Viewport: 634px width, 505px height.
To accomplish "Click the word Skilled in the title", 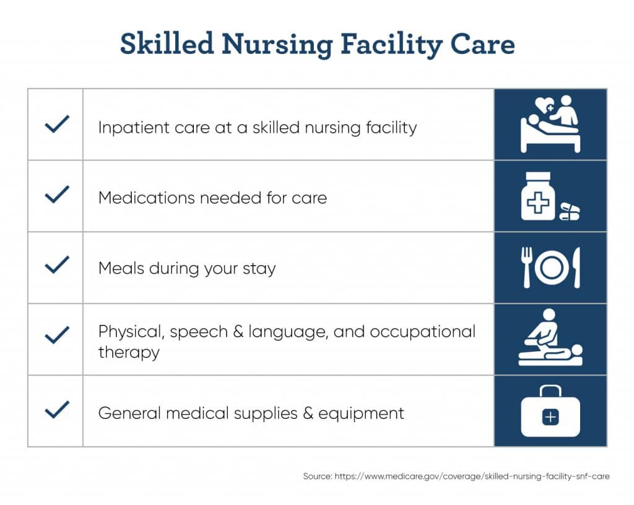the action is [x=167, y=43].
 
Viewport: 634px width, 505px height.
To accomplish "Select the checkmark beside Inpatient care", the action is [x=57, y=124].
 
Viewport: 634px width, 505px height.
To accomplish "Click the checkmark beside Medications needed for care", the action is [x=57, y=194].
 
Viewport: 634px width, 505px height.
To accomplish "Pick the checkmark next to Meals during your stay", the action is [x=57, y=265].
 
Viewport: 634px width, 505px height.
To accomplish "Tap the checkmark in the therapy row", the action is [x=57, y=335].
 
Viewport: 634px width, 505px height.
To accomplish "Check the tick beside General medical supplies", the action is [x=57, y=410].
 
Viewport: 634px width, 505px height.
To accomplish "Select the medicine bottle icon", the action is [x=538, y=196].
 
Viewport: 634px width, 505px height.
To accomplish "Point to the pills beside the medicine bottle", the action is [x=570, y=212].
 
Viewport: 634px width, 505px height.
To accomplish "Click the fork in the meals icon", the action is [x=526, y=268].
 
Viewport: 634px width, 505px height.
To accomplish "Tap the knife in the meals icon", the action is [x=576, y=268].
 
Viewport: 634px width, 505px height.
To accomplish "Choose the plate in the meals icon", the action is [x=551, y=268].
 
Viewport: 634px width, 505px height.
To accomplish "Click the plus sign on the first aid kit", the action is [x=550, y=417].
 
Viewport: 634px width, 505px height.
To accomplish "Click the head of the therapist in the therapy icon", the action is [x=549, y=315].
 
